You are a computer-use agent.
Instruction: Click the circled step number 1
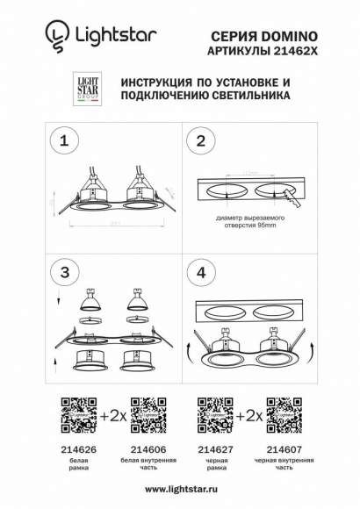pyautogui.click(x=61, y=141)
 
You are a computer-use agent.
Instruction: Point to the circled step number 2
pyautogui.click(x=201, y=141)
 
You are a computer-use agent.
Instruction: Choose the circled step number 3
pyautogui.click(x=61, y=273)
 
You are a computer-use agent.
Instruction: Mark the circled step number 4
pyautogui.click(x=201, y=273)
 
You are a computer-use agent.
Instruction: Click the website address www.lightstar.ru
pyautogui.click(x=179, y=489)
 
